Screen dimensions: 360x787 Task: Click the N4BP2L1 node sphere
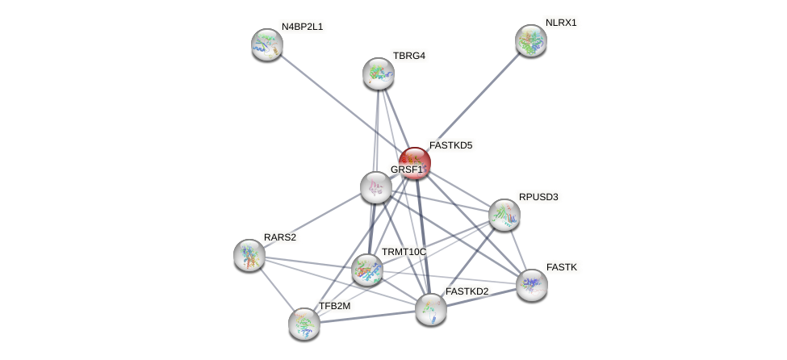pos(267,44)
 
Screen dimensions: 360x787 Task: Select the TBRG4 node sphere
pos(379,73)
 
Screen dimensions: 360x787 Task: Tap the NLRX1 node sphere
pos(531,40)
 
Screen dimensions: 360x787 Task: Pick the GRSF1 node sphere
pos(375,187)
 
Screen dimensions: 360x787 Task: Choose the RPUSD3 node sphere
pos(504,215)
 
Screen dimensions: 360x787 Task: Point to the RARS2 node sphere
pos(249,255)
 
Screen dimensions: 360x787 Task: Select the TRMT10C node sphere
pos(367,270)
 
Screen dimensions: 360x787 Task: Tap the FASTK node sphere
pos(532,284)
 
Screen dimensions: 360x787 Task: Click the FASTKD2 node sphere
pos(431,308)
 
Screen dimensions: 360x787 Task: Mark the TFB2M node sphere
pos(304,324)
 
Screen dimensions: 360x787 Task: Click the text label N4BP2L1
pos(302,27)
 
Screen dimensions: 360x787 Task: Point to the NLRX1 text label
pos(561,23)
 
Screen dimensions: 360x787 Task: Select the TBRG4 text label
pos(409,56)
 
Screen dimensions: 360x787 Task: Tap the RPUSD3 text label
pos(538,197)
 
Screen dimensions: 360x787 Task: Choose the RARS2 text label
pos(280,237)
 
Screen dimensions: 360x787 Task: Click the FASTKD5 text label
pos(450,145)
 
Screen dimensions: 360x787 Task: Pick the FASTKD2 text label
pos(467,291)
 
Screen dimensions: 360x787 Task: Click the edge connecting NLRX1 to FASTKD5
pos(475,99)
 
